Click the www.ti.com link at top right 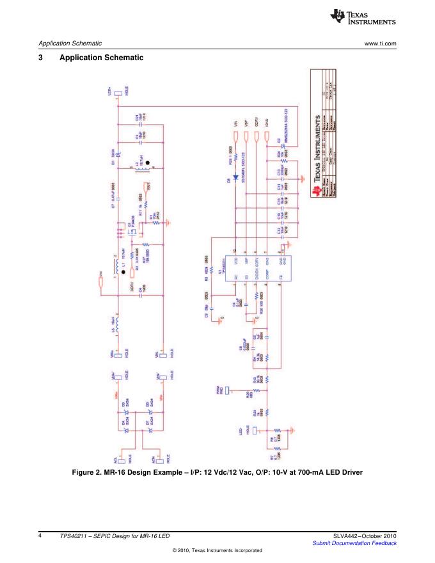380,44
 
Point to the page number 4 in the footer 40,535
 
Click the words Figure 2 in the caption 96,472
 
